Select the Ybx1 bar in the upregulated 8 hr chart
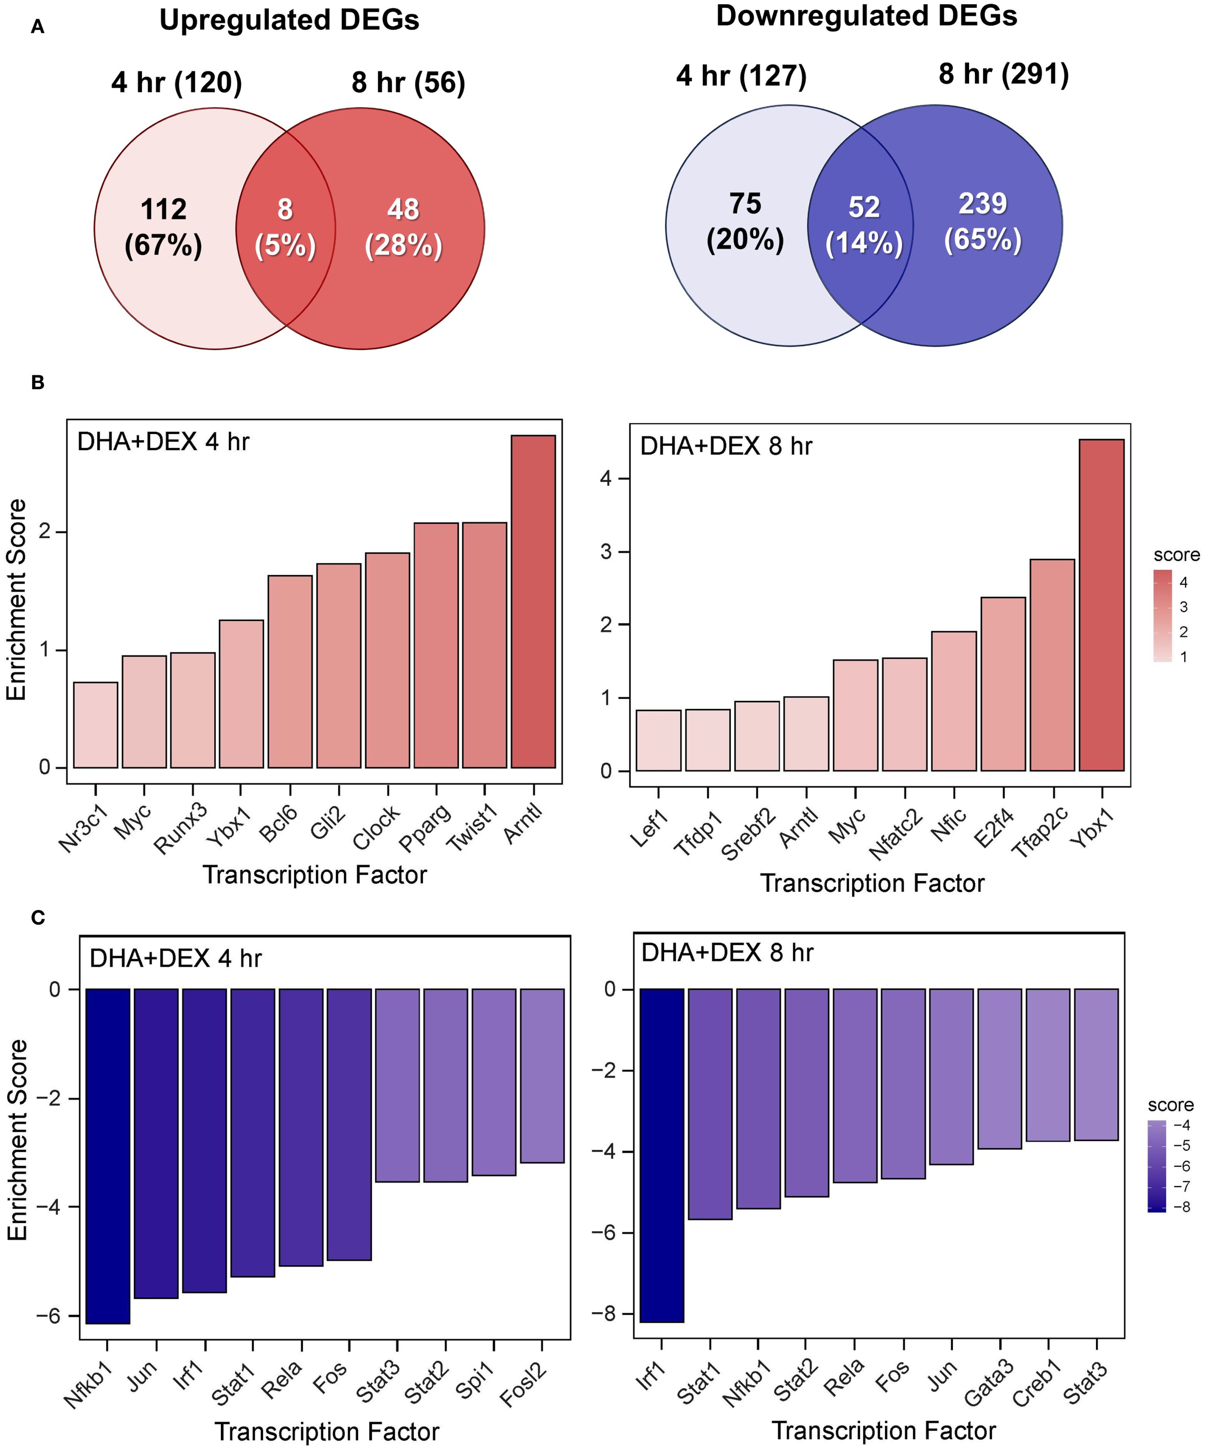click(x=1101, y=605)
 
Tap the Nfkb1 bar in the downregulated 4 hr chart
click(x=108, y=1156)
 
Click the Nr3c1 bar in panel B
click(x=96, y=724)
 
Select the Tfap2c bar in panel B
click(x=1052, y=664)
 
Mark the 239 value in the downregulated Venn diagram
click(x=982, y=204)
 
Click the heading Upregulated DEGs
click(x=289, y=21)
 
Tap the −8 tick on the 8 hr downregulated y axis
click(x=604, y=1314)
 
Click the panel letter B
click(x=38, y=382)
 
